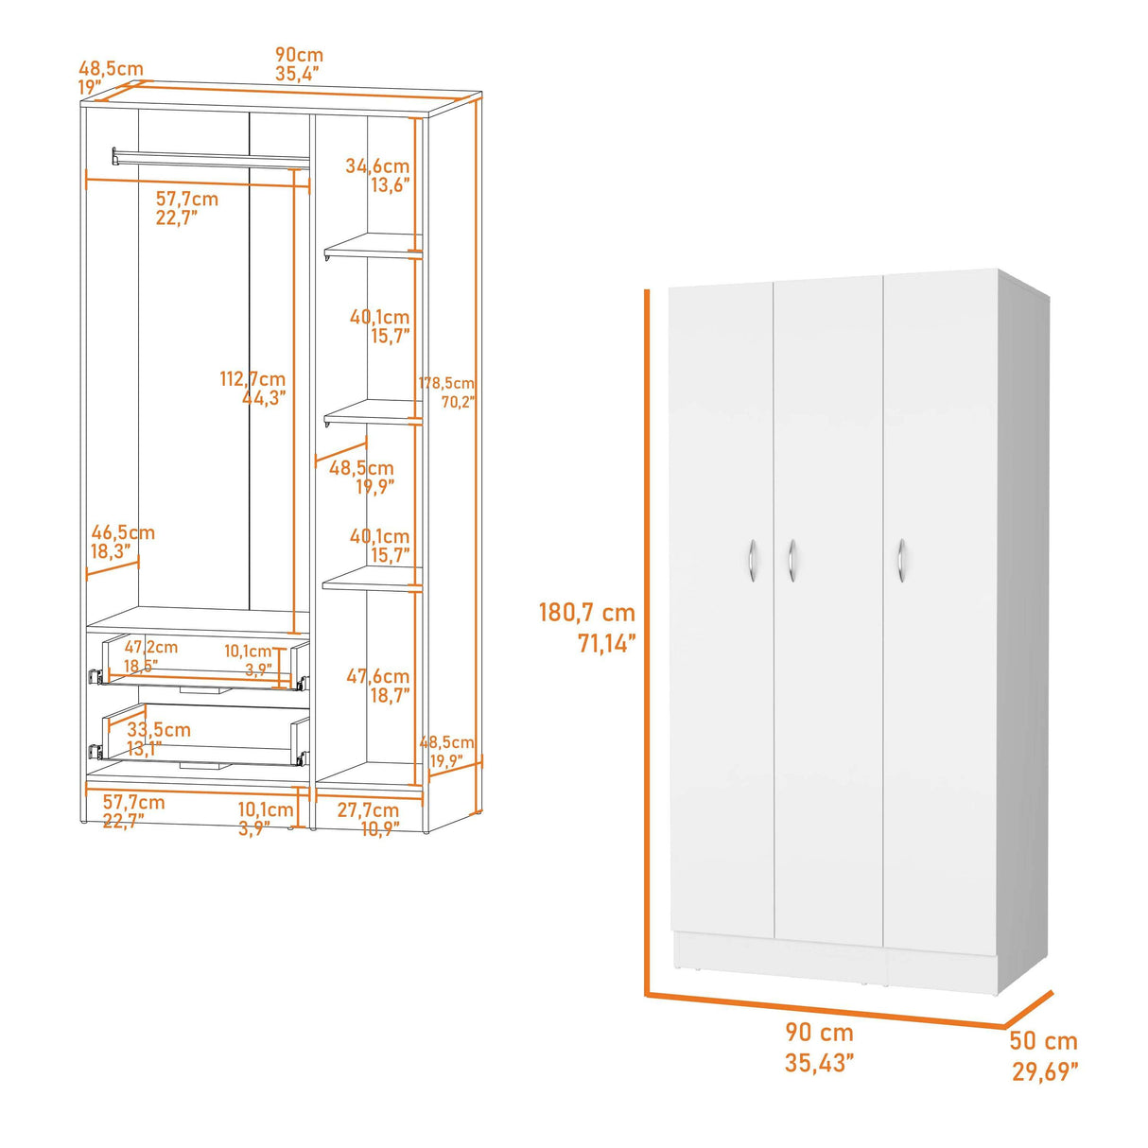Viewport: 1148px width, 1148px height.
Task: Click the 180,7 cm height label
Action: [x=586, y=613]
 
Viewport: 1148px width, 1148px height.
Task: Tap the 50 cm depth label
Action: [x=1043, y=1041]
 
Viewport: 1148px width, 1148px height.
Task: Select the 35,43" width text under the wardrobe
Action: [x=819, y=1063]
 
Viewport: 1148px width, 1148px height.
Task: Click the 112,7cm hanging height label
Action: [x=252, y=379]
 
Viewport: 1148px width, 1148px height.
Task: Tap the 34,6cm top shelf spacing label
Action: [x=377, y=166]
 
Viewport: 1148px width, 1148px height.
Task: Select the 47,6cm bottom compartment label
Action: [x=377, y=676]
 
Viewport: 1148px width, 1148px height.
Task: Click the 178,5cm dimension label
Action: [x=446, y=384]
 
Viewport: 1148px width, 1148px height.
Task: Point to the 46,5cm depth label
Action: [x=123, y=533]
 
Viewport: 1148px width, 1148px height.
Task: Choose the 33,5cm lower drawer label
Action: [x=159, y=730]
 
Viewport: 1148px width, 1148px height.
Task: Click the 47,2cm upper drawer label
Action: [x=151, y=648]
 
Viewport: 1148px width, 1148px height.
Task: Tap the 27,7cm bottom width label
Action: [x=368, y=810]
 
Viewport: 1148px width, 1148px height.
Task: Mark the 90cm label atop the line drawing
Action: [x=299, y=55]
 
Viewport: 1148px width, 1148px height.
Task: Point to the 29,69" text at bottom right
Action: [x=1045, y=1071]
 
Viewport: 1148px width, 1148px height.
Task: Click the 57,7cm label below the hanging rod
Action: [x=187, y=200]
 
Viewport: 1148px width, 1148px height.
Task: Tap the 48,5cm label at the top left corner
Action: [x=111, y=69]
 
